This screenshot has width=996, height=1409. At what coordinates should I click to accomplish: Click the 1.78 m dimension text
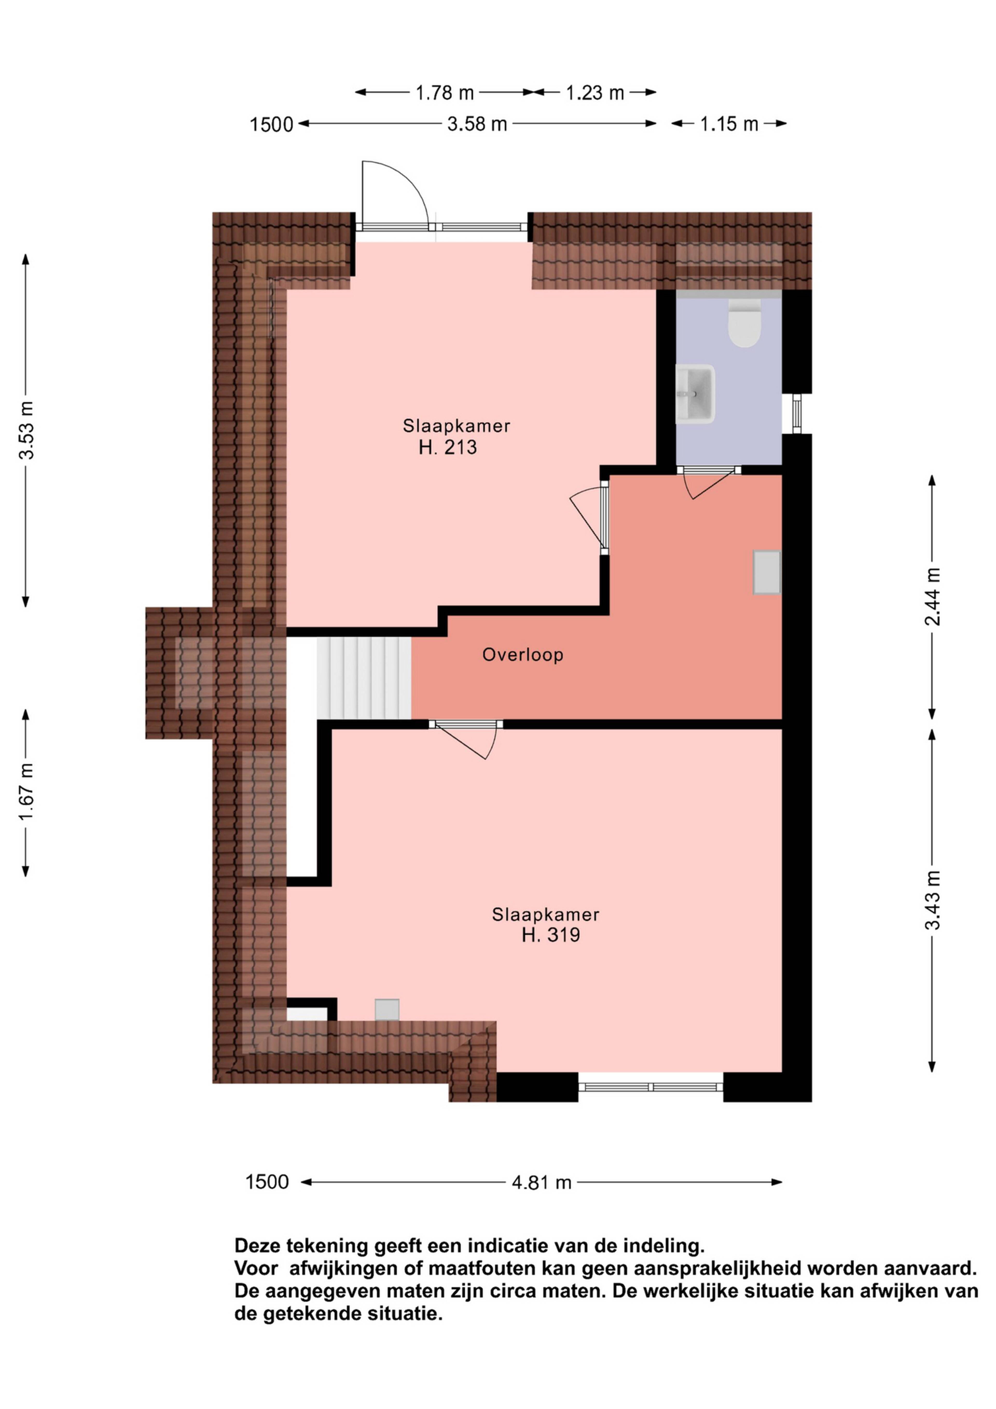(x=445, y=93)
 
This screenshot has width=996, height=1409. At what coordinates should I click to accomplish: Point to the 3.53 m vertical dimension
(x=26, y=430)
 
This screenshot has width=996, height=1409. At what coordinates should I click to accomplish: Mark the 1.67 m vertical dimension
(x=26, y=792)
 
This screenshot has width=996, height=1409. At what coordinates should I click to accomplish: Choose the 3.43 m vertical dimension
(x=932, y=900)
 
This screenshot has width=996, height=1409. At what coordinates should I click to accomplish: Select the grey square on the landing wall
(x=767, y=572)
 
